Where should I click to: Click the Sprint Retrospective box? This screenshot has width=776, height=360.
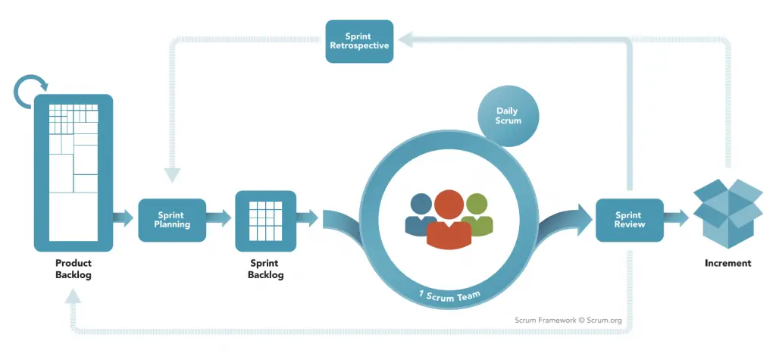tap(359, 41)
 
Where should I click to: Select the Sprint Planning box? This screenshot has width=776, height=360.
tap(172, 220)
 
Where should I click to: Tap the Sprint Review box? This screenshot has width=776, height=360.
tap(629, 220)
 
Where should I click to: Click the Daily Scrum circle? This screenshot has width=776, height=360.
tap(508, 116)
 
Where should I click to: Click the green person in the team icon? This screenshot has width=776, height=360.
tap(478, 212)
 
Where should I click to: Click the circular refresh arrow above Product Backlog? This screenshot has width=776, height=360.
tap(30, 91)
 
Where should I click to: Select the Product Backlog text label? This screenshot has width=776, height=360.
tap(74, 269)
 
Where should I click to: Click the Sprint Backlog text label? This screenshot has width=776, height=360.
tap(265, 269)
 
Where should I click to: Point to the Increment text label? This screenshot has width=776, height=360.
tap(727, 264)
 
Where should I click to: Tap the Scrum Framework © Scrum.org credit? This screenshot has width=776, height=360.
tap(568, 321)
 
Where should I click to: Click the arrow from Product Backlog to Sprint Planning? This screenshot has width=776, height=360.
tap(124, 219)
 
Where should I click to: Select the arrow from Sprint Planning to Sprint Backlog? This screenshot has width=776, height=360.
tap(220, 219)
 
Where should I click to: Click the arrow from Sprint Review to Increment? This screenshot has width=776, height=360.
tap(677, 219)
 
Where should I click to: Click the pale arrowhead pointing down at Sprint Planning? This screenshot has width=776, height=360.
tap(173, 174)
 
